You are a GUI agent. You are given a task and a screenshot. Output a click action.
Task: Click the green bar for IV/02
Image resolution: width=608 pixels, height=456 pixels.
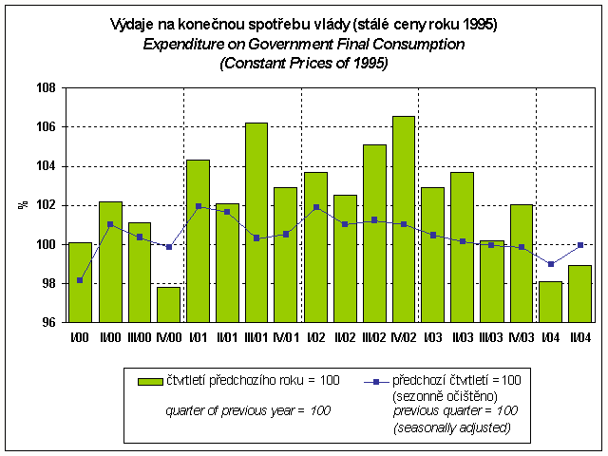(402, 218)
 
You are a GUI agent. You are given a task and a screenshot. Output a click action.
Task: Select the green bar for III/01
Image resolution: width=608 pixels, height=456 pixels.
(256, 222)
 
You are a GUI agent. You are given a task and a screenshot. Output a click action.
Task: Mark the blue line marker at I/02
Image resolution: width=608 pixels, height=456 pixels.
(314, 207)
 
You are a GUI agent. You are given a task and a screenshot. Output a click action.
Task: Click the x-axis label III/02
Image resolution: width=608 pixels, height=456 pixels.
(373, 335)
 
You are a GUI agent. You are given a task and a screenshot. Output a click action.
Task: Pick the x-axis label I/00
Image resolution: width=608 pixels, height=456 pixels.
(81, 335)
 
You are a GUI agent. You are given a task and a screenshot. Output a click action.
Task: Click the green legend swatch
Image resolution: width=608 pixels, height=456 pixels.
(149, 381)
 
